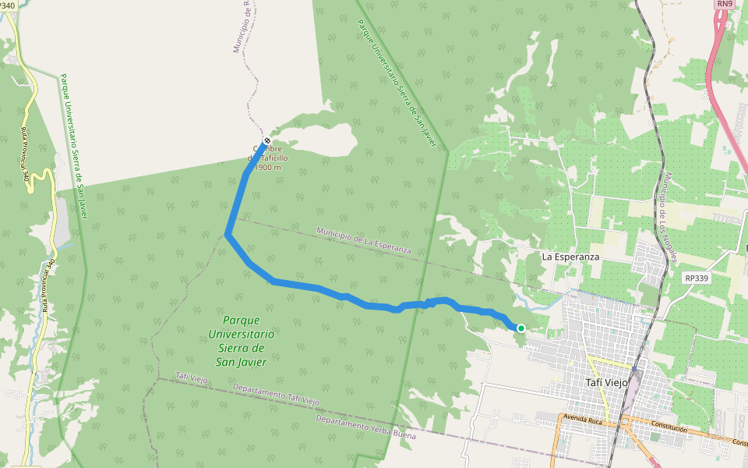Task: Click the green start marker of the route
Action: point(520,328)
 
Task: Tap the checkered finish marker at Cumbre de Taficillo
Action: point(266,141)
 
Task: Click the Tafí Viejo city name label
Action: point(606,381)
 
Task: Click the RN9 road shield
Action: point(725,4)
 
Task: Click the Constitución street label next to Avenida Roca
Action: point(669,428)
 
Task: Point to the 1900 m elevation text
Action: point(268,168)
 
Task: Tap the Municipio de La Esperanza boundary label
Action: point(364,241)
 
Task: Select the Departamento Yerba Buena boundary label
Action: point(365,427)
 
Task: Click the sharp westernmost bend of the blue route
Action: point(227,233)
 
